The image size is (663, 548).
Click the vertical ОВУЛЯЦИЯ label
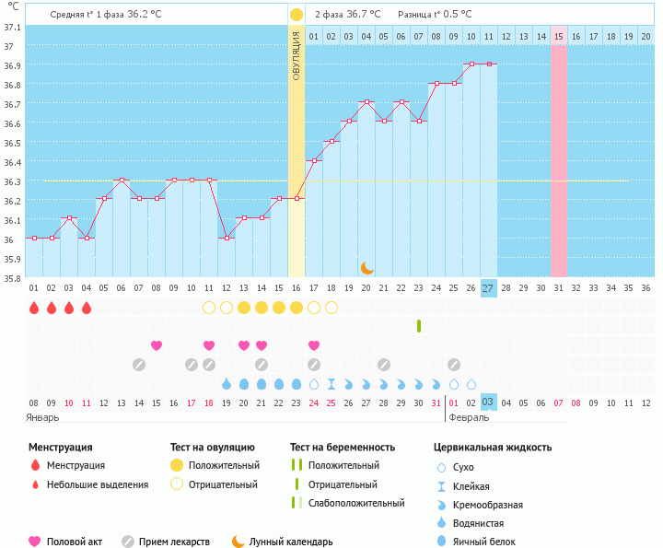click(297, 56)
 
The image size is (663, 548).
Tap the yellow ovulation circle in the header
click(297, 15)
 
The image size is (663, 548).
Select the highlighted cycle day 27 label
click(488, 288)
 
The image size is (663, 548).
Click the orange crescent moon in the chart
click(366, 268)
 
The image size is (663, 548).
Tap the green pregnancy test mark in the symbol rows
click(419, 326)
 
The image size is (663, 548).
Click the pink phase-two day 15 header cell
click(558, 36)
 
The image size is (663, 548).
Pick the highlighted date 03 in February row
click(488, 402)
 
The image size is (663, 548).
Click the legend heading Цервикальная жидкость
click(493, 448)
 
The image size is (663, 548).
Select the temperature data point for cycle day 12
click(227, 238)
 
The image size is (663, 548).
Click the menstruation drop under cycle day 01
click(34, 308)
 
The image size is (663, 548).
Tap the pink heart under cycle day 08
click(157, 345)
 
